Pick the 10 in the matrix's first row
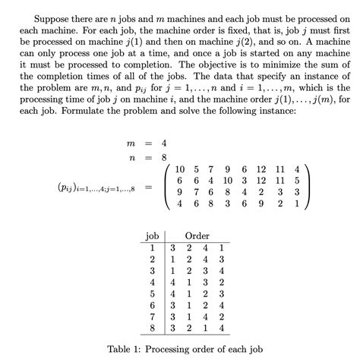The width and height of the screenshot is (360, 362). tap(180, 168)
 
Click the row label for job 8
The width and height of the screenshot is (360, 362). tap(153, 327)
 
